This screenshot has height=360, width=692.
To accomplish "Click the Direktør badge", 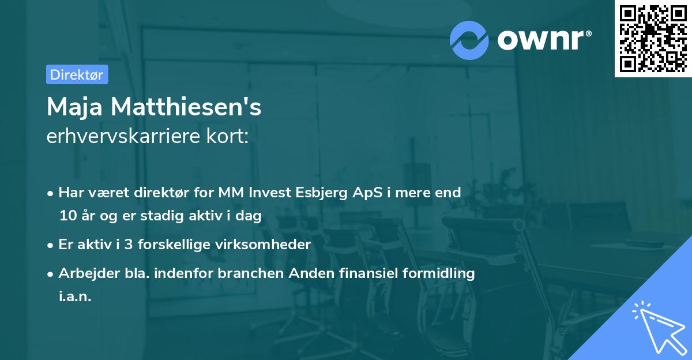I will pyautogui.click(x=77, y=74).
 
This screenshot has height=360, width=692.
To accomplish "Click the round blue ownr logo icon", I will pyautogui.click(x=469, y=40).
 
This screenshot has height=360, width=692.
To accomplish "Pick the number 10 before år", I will pyautogui.click(x=67, y=216).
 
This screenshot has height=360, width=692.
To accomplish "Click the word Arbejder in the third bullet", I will pyautogui.click(x=84, y=273).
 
